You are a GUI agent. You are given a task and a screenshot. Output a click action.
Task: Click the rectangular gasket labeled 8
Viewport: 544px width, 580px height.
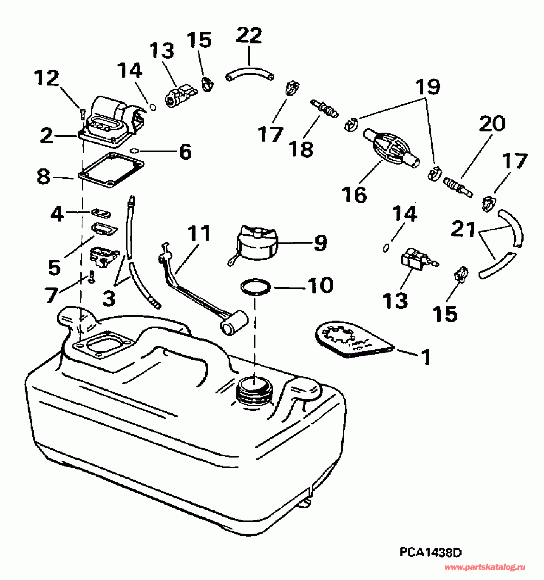tap(111, 170)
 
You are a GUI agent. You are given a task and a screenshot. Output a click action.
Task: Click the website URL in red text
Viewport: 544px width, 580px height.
tap(485, 568)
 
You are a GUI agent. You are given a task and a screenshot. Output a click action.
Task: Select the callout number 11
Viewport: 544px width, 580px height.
tap(199, 233)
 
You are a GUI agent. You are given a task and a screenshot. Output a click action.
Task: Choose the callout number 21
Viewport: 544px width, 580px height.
tap(463, 230)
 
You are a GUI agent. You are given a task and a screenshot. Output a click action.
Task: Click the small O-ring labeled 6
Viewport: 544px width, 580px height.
tap(134, 150)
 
